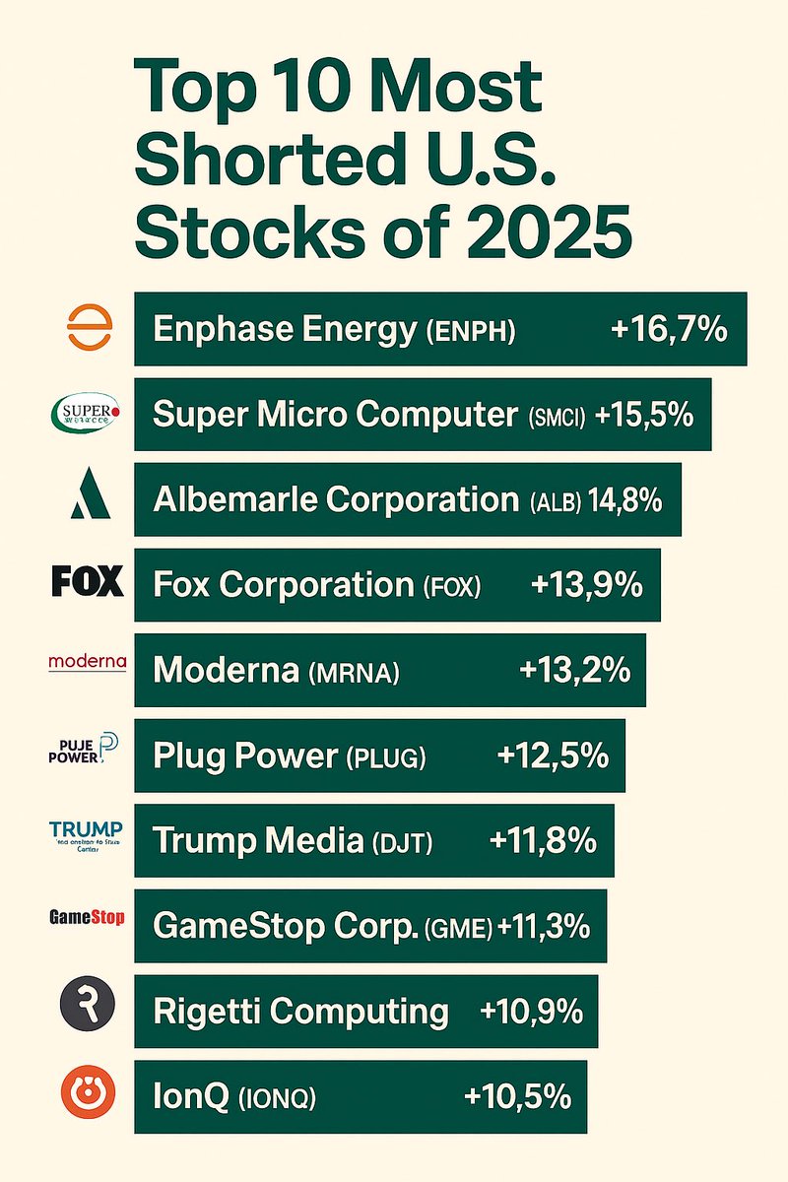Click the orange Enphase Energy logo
87,328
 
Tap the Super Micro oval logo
87,414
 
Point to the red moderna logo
87,663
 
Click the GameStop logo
87,918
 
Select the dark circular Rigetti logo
88,1005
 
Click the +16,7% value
669,329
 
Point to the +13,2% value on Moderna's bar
574,671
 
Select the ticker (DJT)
402,843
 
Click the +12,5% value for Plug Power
554,756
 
